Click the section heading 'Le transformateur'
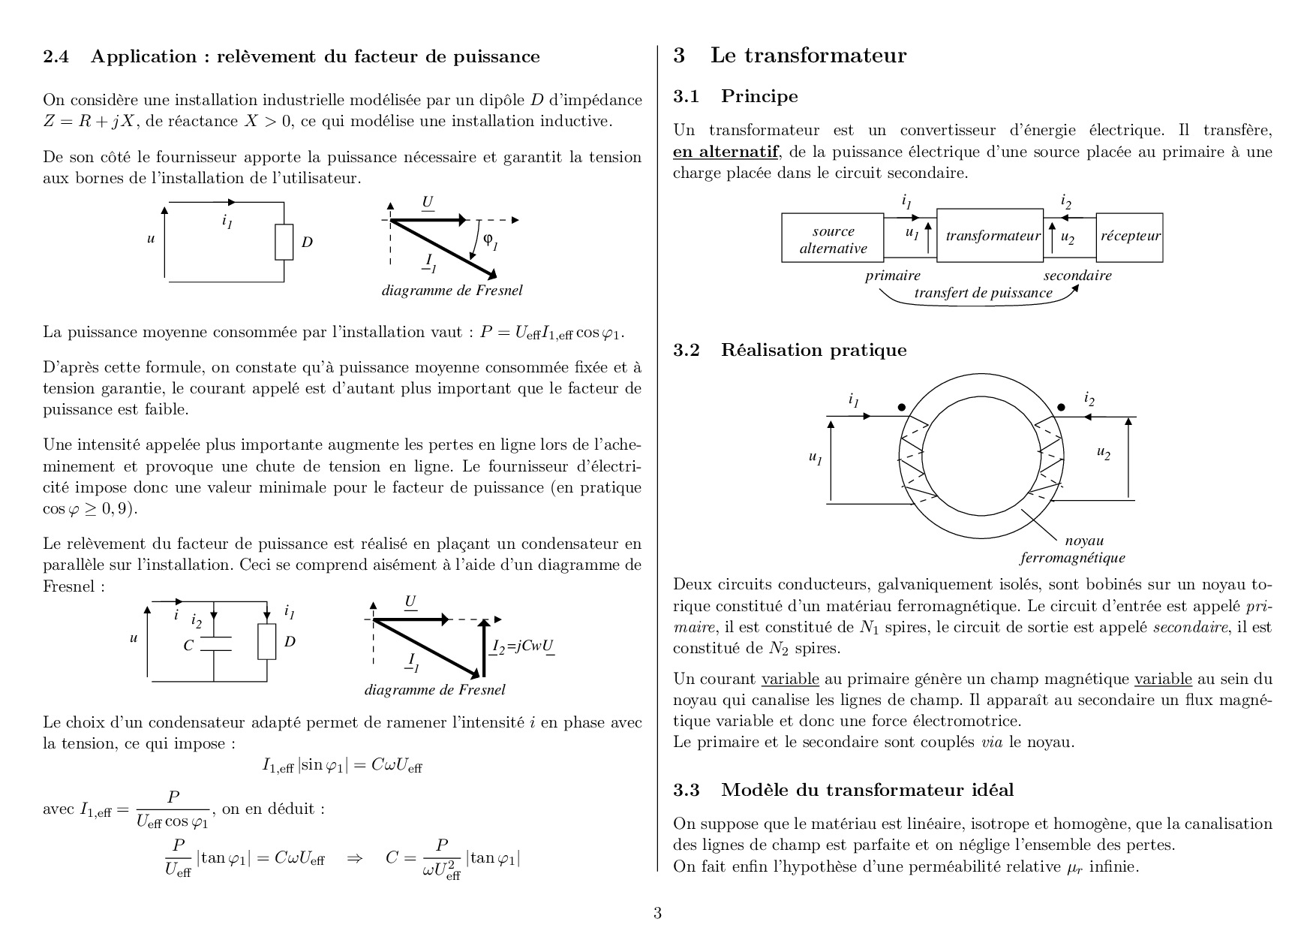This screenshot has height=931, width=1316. (x=808, y=56)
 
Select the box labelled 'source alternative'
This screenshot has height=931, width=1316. (x=833, y=237)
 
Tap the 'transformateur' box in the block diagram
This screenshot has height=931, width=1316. (x=990, y=236)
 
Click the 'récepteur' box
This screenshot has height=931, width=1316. (x=1130, y=237)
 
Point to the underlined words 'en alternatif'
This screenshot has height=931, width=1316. (x=726, y=152)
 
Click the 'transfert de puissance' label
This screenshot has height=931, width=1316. (x=983, y=293)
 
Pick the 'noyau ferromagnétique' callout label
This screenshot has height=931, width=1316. (x=1073, y=549)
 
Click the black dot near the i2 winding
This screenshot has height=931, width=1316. (x=1061, y=407)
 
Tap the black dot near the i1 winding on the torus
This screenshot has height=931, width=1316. (x=902, y=407)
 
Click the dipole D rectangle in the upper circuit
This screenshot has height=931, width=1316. (x=284, y=243)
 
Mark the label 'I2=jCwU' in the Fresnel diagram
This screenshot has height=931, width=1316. (x=524, y=647)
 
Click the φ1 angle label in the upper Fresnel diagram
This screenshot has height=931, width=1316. (x=490, y=240)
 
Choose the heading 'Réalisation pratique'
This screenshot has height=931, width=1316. (x=813, y=350)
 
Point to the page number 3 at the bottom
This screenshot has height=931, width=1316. (x=658, y=914)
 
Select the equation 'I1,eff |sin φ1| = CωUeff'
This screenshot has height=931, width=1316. (x=342, y=765)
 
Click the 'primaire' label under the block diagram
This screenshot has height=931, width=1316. (x=893, y=276)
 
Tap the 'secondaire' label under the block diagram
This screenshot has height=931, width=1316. (x=1077, y=276)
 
